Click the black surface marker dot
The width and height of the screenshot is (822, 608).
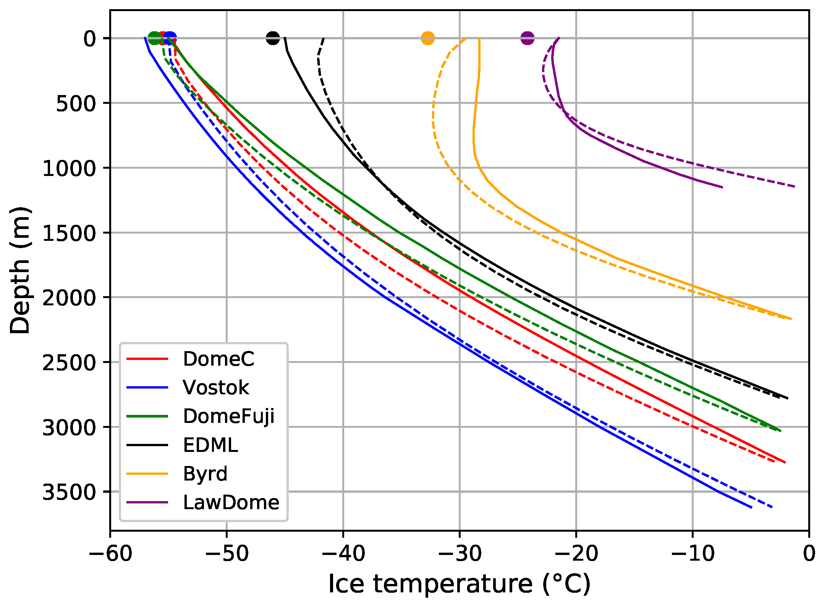273,38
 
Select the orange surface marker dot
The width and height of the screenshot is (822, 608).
427,38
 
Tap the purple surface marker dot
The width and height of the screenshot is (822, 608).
527,38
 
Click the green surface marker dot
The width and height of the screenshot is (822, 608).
154,38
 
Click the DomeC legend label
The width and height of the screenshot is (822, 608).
218,359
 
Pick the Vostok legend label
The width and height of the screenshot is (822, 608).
216,387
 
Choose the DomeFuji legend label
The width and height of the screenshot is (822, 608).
228,416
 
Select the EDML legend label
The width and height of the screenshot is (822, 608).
210,445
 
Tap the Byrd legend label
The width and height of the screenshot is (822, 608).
205,474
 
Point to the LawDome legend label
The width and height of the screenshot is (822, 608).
231,502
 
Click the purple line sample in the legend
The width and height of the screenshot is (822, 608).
147,502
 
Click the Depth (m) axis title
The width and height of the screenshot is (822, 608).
20,270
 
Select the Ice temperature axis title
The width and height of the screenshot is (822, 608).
460,584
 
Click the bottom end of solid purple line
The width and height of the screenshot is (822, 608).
722,187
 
